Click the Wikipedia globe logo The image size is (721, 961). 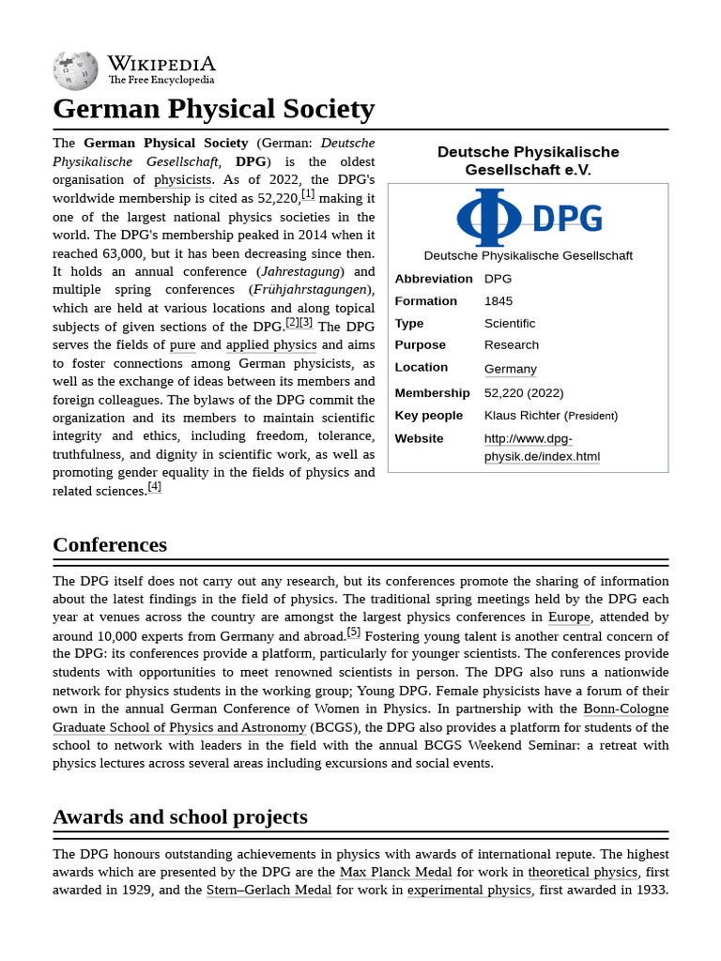tap(75, 70)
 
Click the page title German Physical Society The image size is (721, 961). tap(213, 109)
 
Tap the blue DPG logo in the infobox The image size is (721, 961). tap(529, 218)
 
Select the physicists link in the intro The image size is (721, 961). tap(184, 179)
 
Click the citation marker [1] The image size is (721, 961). tap(308, 195)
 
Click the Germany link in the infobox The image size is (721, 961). tap(511, 369)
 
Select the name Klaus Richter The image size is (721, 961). tap(522, 416)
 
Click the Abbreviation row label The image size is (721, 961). tap(434, 279)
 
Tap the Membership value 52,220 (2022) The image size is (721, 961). tap(524, 393)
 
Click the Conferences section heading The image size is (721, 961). tap(110, 544)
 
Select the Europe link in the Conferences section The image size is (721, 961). tap(569, 617)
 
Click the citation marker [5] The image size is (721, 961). tap(353, 633)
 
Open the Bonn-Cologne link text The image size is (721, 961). tap(626, 709)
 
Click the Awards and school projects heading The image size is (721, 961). tap(180, 816)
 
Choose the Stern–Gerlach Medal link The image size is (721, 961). tap(268, 890)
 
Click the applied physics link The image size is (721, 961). tap(271, 344)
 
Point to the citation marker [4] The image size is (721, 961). tap(155, 487)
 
